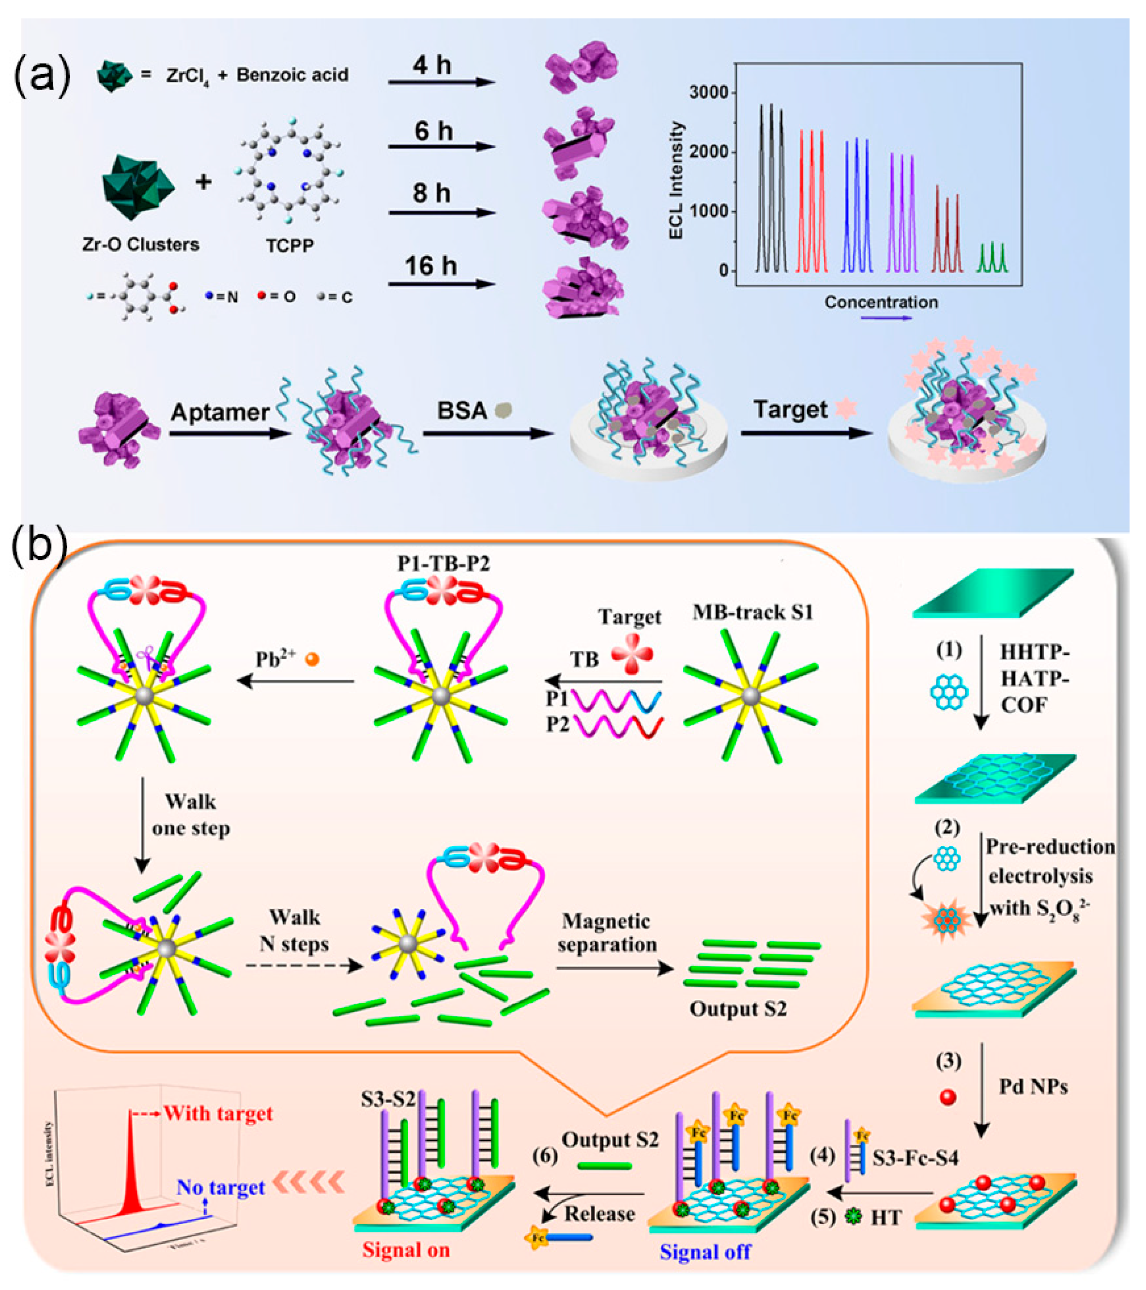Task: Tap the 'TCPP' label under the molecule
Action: [x=290, y=246]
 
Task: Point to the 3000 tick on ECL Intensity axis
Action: [x=708, y=93]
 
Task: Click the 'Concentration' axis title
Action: [x=881, y=302]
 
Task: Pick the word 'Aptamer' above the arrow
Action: [x=220, y=412]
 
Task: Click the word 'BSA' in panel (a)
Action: [x=462, y=411]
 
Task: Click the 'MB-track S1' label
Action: [x=752, y=612]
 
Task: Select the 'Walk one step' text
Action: [x=190, y=815]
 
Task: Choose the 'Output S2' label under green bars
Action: [x=737, y=1009]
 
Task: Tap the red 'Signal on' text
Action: [x=406, y=1250]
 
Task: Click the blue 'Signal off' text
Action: [x=705, y=1252]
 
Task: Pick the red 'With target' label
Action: [x=218, y=1113]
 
